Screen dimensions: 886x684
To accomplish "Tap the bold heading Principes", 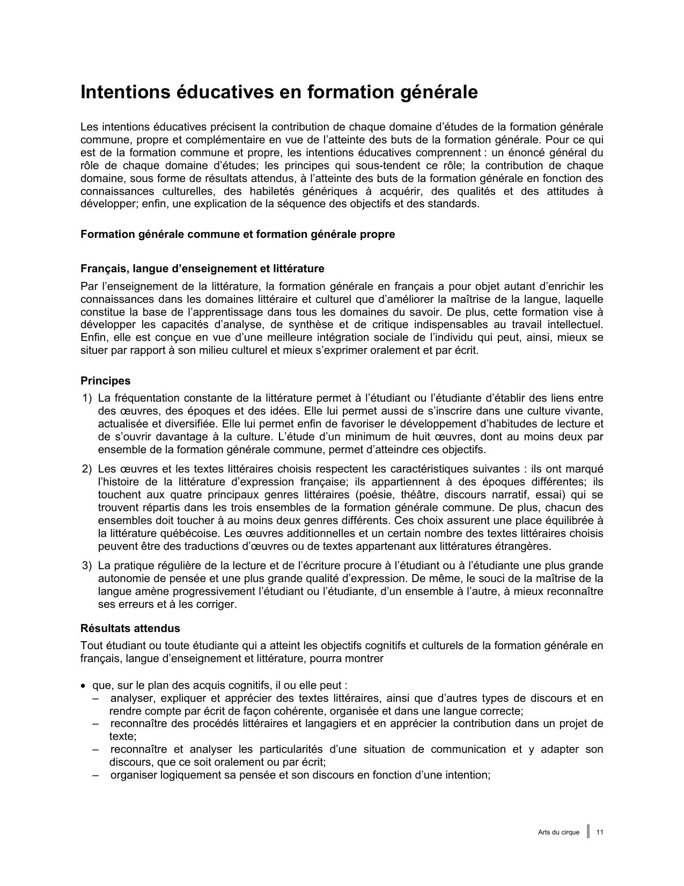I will coord(105,381).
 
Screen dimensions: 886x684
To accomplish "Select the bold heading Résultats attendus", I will coord(130,628).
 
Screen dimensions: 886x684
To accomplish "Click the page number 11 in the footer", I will coord(600,832).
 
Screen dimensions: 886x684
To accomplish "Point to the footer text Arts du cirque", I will coord(558,832).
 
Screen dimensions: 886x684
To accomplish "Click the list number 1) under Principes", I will coord(87,398).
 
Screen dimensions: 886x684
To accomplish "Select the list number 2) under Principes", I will coord(87,469).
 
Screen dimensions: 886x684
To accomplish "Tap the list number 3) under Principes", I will coord(87,565).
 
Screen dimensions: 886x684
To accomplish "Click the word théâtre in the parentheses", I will coord(414,495).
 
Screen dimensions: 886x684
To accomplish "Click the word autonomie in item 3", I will coord(121,578).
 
